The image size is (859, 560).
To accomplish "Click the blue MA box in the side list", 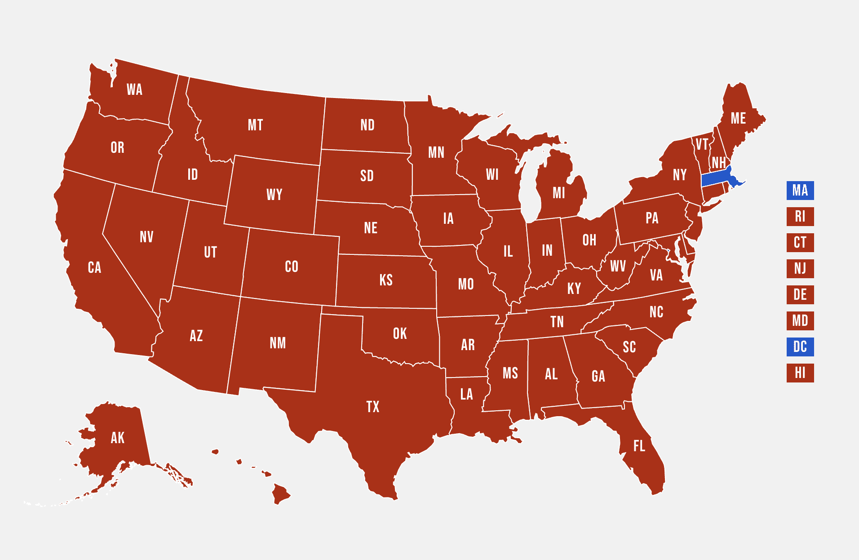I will pos(800,191).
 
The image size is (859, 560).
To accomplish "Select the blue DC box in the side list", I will pos(800,347).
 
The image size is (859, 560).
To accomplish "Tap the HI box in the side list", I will pos(800,373).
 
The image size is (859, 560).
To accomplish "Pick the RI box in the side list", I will pos(800,217).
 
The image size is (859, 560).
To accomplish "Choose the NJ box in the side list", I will pos(800,269).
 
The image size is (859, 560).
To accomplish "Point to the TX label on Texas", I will pos(373,407).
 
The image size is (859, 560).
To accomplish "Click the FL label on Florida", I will pos(639,446).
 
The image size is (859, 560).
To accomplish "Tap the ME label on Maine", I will pos(738,118).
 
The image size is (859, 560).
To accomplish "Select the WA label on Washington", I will pos(134,89).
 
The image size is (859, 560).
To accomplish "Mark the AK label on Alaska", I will pos(118,438).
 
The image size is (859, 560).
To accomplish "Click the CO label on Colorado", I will pos(292,267).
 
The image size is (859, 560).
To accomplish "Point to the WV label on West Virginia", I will pos(618,266).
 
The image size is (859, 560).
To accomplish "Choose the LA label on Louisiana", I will pos(467,395).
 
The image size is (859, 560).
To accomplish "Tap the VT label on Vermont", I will pos(702,144).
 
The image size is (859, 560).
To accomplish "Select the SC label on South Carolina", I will pos(629,347).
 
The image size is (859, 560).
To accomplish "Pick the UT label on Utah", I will pos(210,252).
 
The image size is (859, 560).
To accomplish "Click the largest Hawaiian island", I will pos(281,494).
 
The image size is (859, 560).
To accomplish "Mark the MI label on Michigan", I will pos(559,193).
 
